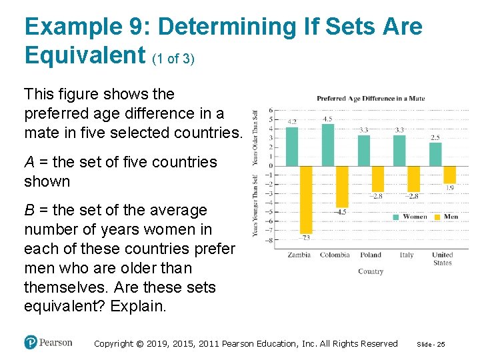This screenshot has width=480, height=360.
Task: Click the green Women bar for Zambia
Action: coord(292,146)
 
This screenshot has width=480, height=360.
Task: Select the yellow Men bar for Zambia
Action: coord(306,199)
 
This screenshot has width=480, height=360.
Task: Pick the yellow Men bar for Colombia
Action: coord(342,186)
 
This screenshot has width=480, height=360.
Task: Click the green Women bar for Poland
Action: coord(364,150)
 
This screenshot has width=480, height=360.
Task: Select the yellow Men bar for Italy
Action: coord(414,179)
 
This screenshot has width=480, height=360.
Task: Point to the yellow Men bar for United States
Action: coord(450,175)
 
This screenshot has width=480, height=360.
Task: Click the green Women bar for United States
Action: coord(435,154)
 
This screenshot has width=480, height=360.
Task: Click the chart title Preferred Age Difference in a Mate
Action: coord(370,99)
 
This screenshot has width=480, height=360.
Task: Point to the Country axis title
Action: coord(371,271)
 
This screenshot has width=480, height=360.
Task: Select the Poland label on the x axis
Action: coord(371,255)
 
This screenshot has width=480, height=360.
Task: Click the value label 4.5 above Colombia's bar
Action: coord(327,119)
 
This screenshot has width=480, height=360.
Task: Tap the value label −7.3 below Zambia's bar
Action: coord(305,237)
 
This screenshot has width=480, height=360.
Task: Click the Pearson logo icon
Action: coord(31,342)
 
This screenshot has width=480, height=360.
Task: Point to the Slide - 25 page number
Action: coord(430,344)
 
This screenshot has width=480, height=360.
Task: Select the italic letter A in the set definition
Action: coord(29,162)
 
